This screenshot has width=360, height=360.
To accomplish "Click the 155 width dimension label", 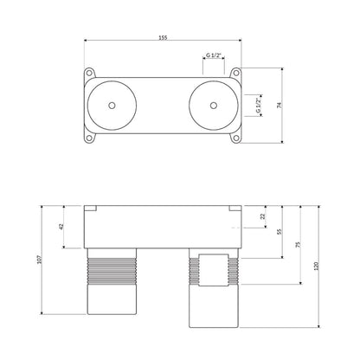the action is pyautogui.click(x=163, y=37).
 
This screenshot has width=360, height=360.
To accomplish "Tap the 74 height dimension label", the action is pyautogui.click(x=279, y=106).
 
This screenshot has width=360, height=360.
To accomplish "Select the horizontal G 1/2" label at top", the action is pyautogui.click(x=214, y=55).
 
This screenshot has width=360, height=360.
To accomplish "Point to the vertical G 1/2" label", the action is pyautogui.click(x=258, y=106).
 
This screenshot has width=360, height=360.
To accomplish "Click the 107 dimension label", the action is pyautogui.click(x=40, y=260).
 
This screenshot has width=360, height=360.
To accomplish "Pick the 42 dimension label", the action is pyautogui.click(x=61, y=227).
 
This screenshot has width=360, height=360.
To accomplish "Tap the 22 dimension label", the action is pyautogui.click(x=262, y=216).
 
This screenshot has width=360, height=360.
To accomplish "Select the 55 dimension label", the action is pyautogui.click(x=279, y=232).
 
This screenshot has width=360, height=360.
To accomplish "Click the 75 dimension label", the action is pyautogui.click(x=299, y=245).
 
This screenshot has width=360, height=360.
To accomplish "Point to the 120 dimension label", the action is pyautogui.click(x=316, y=266).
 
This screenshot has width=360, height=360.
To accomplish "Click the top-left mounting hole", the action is pyautogui.click(x=89, y=73).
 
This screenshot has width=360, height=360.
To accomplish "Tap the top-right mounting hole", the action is pyautogui.click(x=236, y=73).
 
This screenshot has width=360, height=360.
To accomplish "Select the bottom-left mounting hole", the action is pyautogui.click(x=89, y=138).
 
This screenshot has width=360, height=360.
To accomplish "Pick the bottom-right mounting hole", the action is pyautogui.click(x=236, y=138).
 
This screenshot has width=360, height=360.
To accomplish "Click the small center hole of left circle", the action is pyautogui.click(x=112, y=106).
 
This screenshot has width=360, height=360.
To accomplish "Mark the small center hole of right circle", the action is pyautogui.click(x=214, y=106).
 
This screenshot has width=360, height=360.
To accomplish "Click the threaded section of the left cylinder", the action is pyautogui.click(x=112, y=271).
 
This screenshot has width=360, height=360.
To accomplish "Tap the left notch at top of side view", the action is pyautogui.click(x=90, y=209).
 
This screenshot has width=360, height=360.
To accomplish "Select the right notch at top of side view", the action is pyautogui.click(x=235, y=209).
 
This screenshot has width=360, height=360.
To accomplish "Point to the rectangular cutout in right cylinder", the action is pyautogui.click(x=214, y=270).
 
